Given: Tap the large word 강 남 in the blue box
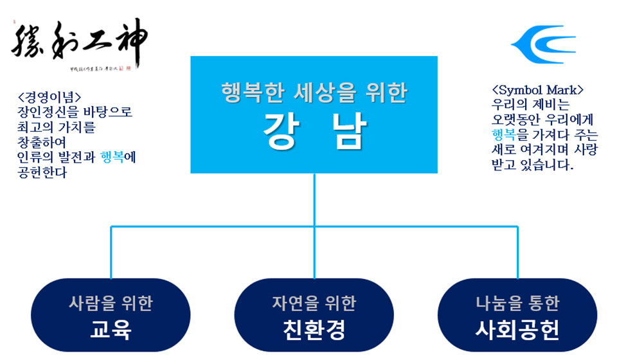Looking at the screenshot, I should point(314,131).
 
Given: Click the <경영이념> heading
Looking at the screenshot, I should point(49,98).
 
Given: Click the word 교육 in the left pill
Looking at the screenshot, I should point(111,330).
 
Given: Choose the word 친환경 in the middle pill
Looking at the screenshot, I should point(314,330).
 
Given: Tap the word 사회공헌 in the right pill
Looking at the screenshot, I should point(517,330).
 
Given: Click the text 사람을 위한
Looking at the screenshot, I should point(111,303).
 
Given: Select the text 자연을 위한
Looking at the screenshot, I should point(314,303).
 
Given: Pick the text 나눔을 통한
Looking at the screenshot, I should point(517,303).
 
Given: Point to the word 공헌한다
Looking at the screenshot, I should point(42,172).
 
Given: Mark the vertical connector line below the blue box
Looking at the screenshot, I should point(314,199).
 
